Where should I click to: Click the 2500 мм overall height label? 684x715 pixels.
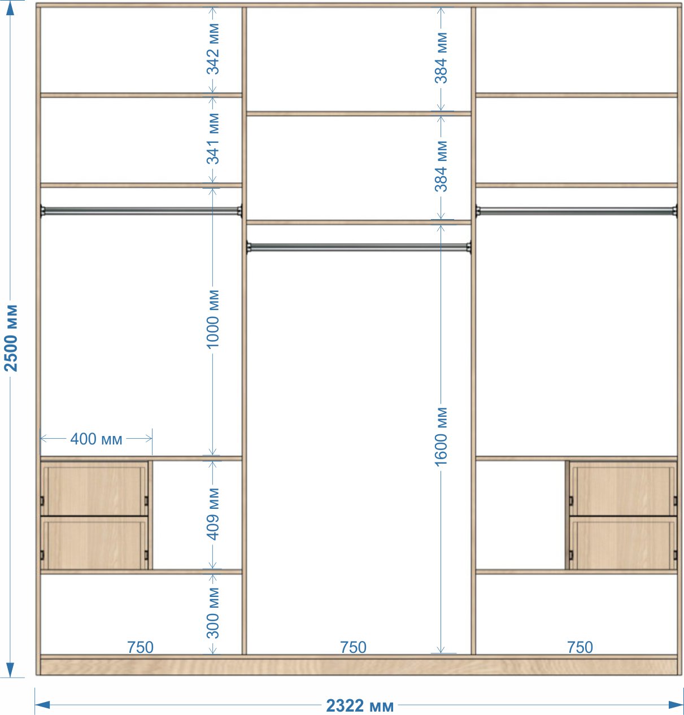click(x=11, y=338)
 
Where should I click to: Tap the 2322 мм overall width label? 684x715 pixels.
click(x=359, y=705)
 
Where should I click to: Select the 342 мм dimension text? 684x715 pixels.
click(x=213, y=49)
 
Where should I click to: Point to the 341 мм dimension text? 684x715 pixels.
click(x=213, y=138)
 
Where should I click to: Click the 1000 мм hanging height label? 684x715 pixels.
click(x=213, y=319)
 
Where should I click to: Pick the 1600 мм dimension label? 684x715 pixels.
click(x=441, y=437)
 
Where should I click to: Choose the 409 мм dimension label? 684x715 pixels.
click(x=213, y=513)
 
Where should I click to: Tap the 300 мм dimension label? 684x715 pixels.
click(x=213, y=613)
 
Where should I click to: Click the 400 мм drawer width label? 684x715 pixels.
click(x=96, y=439)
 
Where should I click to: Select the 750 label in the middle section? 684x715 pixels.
click(x=353, y=647)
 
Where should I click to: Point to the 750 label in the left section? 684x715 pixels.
click(x=140, y=647)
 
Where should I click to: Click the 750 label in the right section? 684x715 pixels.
click(x=580, y=647)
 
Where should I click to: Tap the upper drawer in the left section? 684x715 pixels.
click(x=94, y=489)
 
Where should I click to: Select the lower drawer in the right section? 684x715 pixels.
click(x=622, y=543)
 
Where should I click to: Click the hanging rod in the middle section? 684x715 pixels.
click(x=358, y=247)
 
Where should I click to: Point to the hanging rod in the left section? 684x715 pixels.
click(x=141, y=211)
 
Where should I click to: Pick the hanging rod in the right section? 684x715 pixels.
click(x=576, y=211)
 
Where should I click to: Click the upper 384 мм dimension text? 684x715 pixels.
click(x=441, y=58)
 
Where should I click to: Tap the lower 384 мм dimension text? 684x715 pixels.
click(x=441, y=167)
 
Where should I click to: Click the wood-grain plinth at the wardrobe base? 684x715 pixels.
click(x=358, y=667)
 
